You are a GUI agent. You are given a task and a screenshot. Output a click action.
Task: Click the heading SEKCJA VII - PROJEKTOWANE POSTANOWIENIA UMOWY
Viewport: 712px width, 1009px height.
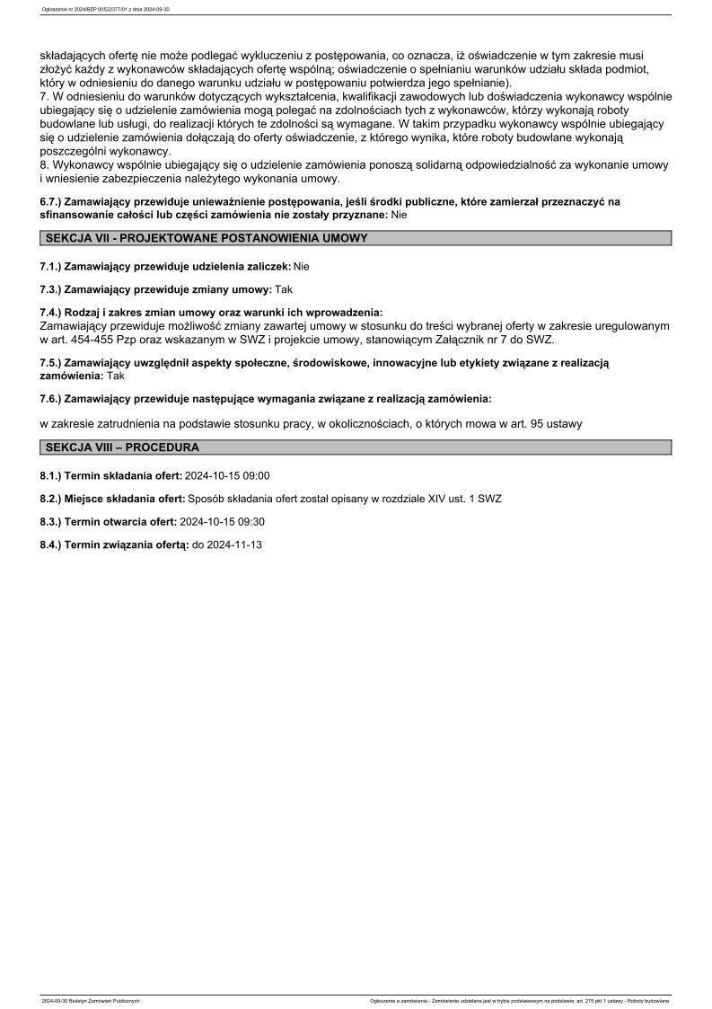point(206,238)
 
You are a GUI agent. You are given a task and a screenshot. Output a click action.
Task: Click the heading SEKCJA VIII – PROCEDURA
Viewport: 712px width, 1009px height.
point(122,447)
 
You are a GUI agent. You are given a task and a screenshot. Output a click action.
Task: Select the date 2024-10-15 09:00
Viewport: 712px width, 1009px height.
point(227,475)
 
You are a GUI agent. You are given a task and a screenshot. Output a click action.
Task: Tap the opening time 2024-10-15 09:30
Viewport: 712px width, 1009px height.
point(223,521)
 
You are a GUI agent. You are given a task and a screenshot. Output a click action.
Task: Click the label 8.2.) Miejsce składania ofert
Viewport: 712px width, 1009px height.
point(112,499)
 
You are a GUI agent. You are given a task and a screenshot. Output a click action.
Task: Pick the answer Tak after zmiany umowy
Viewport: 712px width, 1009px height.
point(284,289)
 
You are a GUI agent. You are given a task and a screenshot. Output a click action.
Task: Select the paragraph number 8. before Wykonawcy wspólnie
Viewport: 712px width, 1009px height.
point(46,165)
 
